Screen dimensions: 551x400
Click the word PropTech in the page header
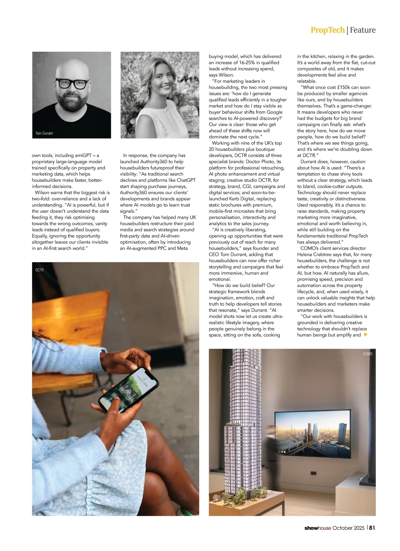(327, 30)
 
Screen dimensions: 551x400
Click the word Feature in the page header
(363, 30)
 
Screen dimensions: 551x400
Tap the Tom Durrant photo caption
(44, 133)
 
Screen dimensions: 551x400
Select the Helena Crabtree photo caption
(134, 57)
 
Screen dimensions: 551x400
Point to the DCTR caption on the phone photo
(39, 270)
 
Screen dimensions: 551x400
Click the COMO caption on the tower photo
(368, 354)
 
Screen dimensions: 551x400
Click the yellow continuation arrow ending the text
(366, 335)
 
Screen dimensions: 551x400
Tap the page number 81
(372, 528)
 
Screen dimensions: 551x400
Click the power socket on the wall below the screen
(313, 473)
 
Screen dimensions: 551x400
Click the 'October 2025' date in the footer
(348, 528)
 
